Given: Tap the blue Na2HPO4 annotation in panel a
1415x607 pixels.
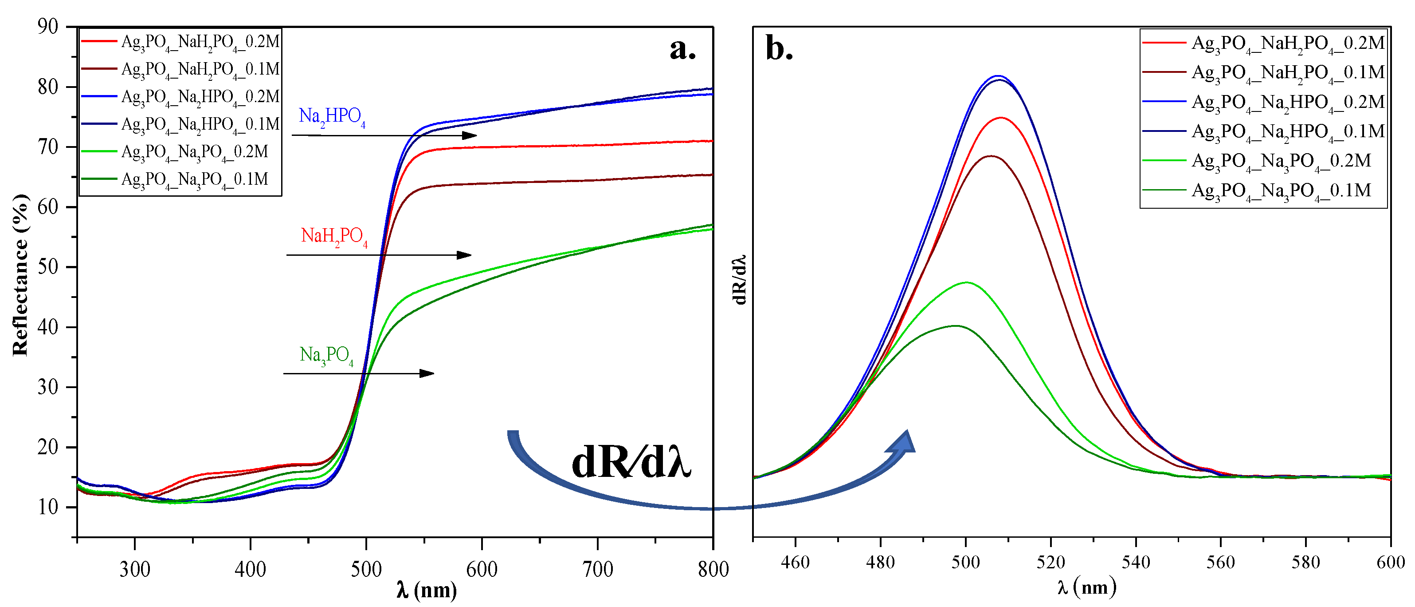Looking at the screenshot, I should [x=332, y=117].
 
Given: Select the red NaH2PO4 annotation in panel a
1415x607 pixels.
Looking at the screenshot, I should [x=334, y=236].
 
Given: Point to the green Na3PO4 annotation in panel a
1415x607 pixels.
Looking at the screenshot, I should [x=326, y=355].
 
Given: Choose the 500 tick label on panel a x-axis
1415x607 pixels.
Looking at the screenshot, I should [x=366, y=569].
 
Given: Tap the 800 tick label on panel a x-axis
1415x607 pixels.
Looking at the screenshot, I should [x=713, y=569].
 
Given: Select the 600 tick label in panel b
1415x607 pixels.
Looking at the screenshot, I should [x=1390, y=562].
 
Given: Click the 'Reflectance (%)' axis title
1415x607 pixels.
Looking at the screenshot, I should [x=20, y=275].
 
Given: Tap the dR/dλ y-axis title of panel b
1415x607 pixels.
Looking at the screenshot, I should [x=740, y=279].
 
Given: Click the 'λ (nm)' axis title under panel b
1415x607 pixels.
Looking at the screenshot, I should [x=1086, y=587].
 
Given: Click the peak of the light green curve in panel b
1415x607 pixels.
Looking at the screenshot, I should [x=966, y=282].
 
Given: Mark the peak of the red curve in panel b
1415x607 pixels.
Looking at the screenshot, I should [x=1001, y=118].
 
